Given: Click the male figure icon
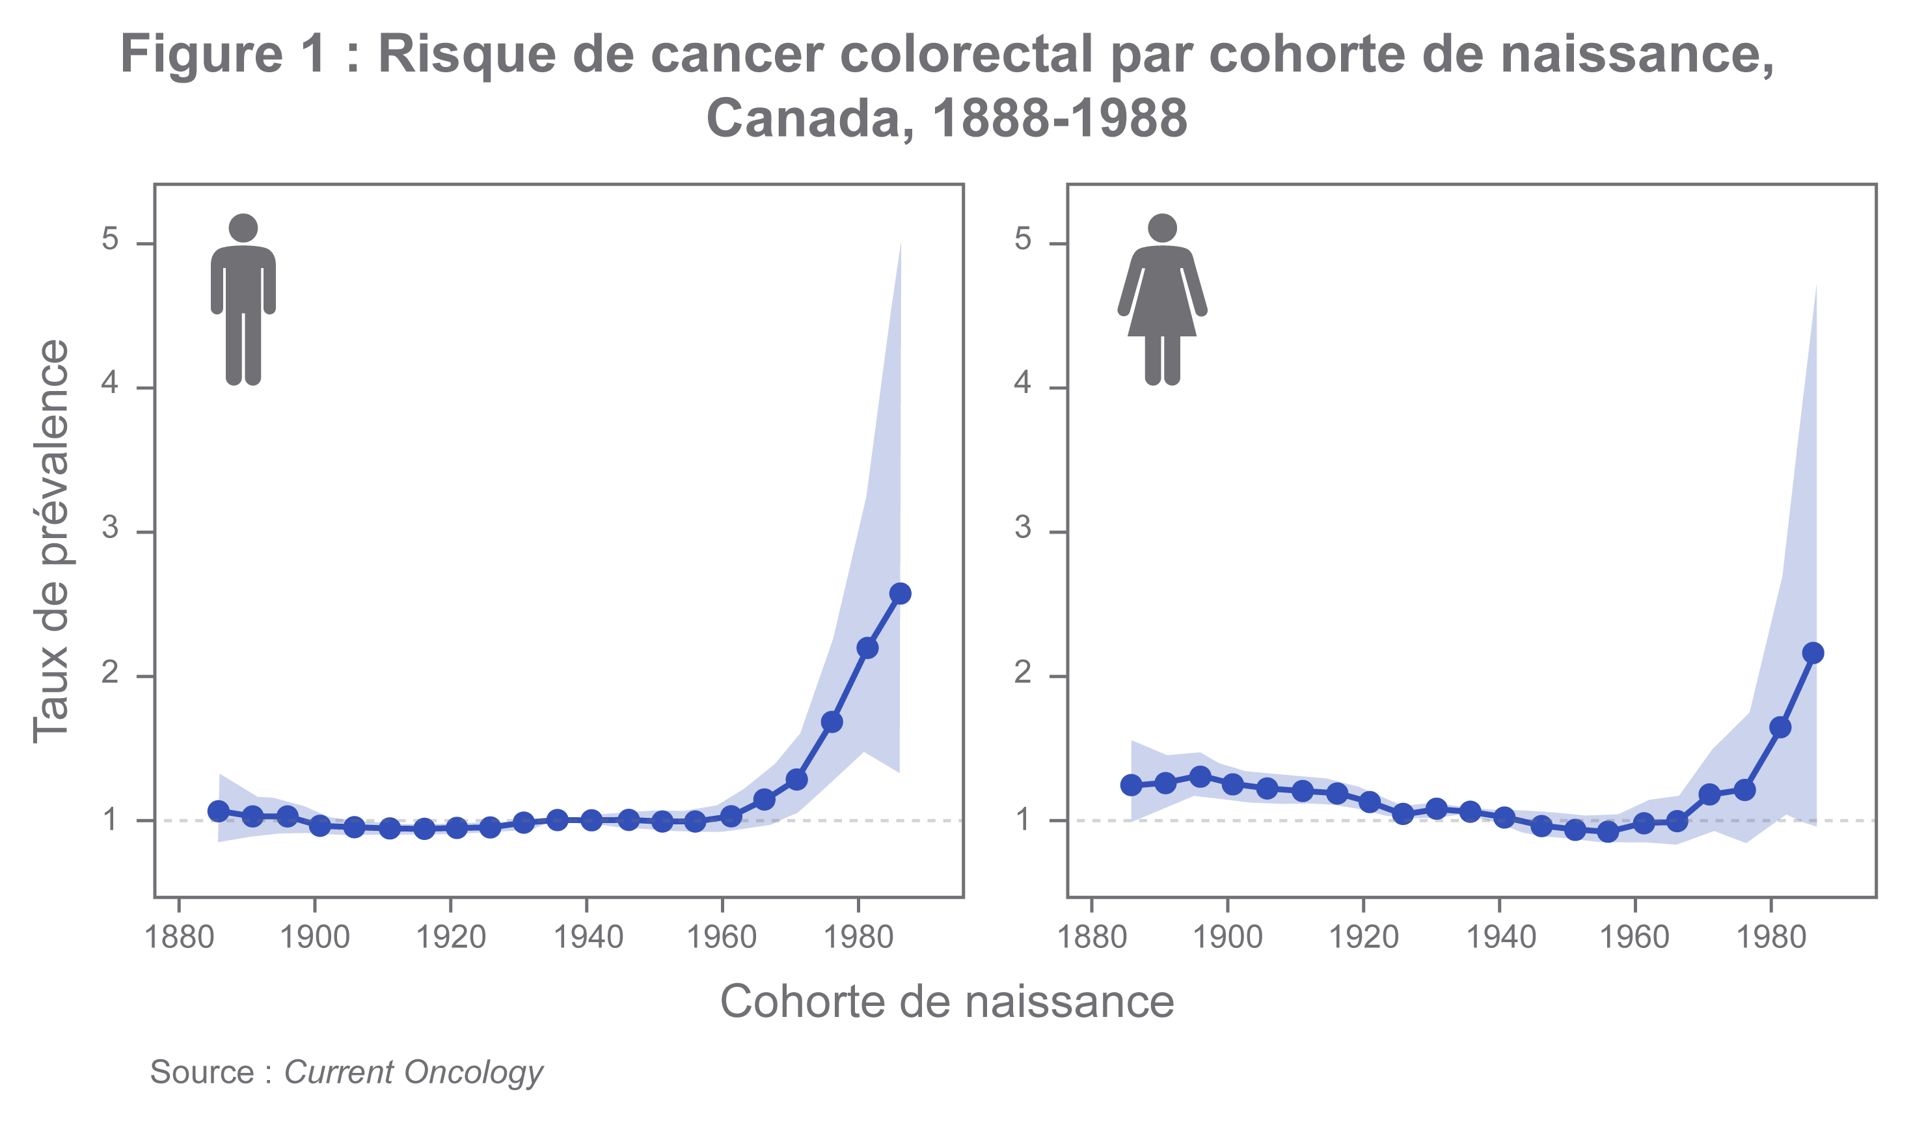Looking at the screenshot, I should tap(243, 299).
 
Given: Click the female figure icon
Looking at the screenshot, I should tap(1162, 299).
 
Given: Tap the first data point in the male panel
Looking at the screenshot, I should tap(219, 811).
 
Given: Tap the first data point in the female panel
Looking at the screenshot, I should tap(1132, 785).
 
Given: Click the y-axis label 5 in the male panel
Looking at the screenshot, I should tap(111, 239).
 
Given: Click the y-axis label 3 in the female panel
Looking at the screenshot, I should tap(1023, 528).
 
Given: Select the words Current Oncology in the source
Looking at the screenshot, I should tap(413, 1072).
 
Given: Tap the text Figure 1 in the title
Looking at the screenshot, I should tap(224, 55).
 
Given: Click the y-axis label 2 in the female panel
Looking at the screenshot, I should tap(1023, 672).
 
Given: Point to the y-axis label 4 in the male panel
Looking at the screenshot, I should tap(111, 384).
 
